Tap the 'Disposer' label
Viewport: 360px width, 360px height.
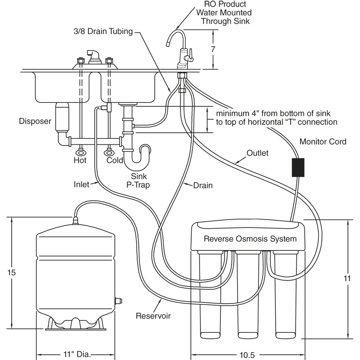tap(35, 121)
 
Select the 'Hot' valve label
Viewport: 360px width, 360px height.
tap(80, 160)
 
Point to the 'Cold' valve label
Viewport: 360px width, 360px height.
tap(114, 160)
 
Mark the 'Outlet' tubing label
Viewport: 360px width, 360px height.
tap(258, 153)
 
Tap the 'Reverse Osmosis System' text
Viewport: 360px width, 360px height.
tap(250, 239)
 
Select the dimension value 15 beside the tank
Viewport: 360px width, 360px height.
tap(12, 272)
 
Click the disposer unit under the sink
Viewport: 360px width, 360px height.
tap(62, 116)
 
